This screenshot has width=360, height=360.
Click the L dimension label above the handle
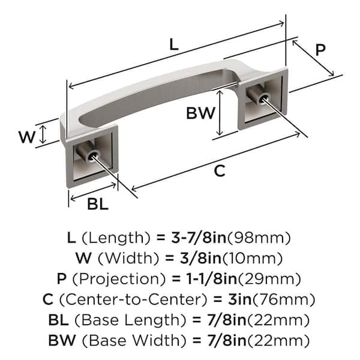(x=174, y=44)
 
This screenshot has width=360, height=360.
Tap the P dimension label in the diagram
(x=320, y=50)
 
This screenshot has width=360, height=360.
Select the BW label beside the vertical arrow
(x=200, y=113)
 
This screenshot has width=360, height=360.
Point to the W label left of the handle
(x=27, y=137)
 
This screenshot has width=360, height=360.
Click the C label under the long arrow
(x=220, y=171)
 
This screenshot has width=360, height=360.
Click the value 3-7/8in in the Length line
(x=199, y=238)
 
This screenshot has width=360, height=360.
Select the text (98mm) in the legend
(x=259, y=238)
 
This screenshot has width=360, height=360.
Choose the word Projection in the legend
(x=119, y=279)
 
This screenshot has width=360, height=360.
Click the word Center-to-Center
(x=134, y=299)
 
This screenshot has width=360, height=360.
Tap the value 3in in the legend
(x=240, y=299)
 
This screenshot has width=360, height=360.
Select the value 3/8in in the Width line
(x=200, y=258)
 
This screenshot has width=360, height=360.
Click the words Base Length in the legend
(x=130, y=320)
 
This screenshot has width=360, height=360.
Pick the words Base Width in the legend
(x=134, y=340)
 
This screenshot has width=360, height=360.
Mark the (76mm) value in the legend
(x=284, y=299)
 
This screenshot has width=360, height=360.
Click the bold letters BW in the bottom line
(x=62, y=340)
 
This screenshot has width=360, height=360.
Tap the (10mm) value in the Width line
(x=252, y=259)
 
